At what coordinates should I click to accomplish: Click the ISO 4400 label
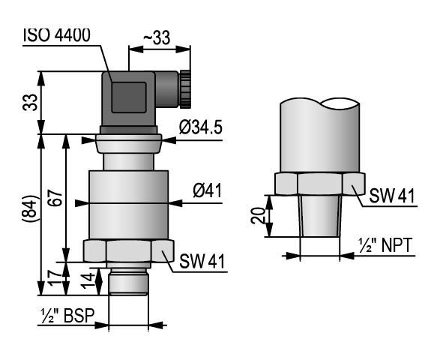[57, 35]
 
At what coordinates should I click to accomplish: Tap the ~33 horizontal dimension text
[157, 37]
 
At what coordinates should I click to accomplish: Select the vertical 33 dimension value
[30, 102]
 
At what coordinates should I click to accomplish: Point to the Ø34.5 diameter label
[201, 127]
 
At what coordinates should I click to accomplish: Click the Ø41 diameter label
[208, 190]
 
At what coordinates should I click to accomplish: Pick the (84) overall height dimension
[29, 208]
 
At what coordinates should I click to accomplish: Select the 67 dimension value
[55, 198]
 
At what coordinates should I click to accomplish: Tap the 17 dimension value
[55, 277]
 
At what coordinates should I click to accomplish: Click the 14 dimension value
[88, 280]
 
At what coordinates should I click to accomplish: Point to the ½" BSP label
[67, 316]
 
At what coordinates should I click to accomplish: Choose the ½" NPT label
[385, 245]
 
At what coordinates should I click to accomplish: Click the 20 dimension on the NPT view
[258, 215]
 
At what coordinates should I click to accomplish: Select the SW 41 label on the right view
[392, 196]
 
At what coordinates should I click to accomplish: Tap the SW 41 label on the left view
[202, 262]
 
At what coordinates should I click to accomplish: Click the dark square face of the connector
[129, 97]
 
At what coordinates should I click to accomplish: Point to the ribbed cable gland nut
[185, 89]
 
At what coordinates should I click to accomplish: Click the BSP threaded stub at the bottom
[128, 281]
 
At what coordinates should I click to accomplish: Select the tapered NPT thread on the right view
[320, 216]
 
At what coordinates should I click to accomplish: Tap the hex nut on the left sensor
[128, 250]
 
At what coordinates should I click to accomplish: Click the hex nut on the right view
[320, 184]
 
